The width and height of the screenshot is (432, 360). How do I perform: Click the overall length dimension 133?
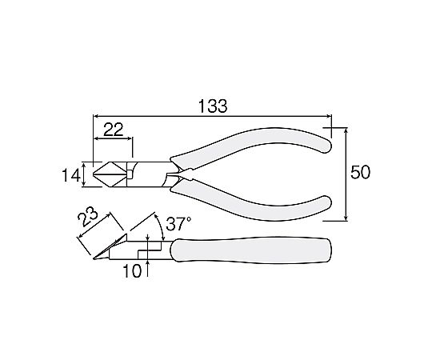click(x=213, y=106)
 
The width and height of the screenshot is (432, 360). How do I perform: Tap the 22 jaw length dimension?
click(x=114, y=130)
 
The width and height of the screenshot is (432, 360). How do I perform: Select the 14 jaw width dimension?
click(x=71, y=176)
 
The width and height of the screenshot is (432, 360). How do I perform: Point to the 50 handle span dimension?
click(x=360, y=173)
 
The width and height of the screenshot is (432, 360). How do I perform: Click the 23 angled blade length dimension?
click(x=88, y=217)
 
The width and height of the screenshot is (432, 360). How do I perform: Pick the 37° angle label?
click(x=178, y=224)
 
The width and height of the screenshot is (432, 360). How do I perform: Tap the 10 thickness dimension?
click(x=132, y=271)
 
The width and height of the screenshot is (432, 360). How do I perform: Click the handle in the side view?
click(x=250, y=250)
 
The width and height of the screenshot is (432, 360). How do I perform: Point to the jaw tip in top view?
click(x=94, y=174)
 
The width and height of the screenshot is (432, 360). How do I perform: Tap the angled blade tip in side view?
click(x=94, y=258)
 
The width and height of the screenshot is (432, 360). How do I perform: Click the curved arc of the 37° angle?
click(x=161, y=226)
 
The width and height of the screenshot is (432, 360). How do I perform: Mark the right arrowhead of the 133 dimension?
click(x=329, y=116)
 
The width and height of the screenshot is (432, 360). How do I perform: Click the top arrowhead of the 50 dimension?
click(x=346, y=130)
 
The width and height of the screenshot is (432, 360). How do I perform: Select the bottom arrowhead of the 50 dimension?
click(x=346, y=218)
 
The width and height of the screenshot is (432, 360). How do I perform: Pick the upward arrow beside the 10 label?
click(x=148, y=268)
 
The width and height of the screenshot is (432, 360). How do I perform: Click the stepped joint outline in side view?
click(x=150, y=250)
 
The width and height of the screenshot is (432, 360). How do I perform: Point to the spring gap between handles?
click(x=173, y=174)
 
